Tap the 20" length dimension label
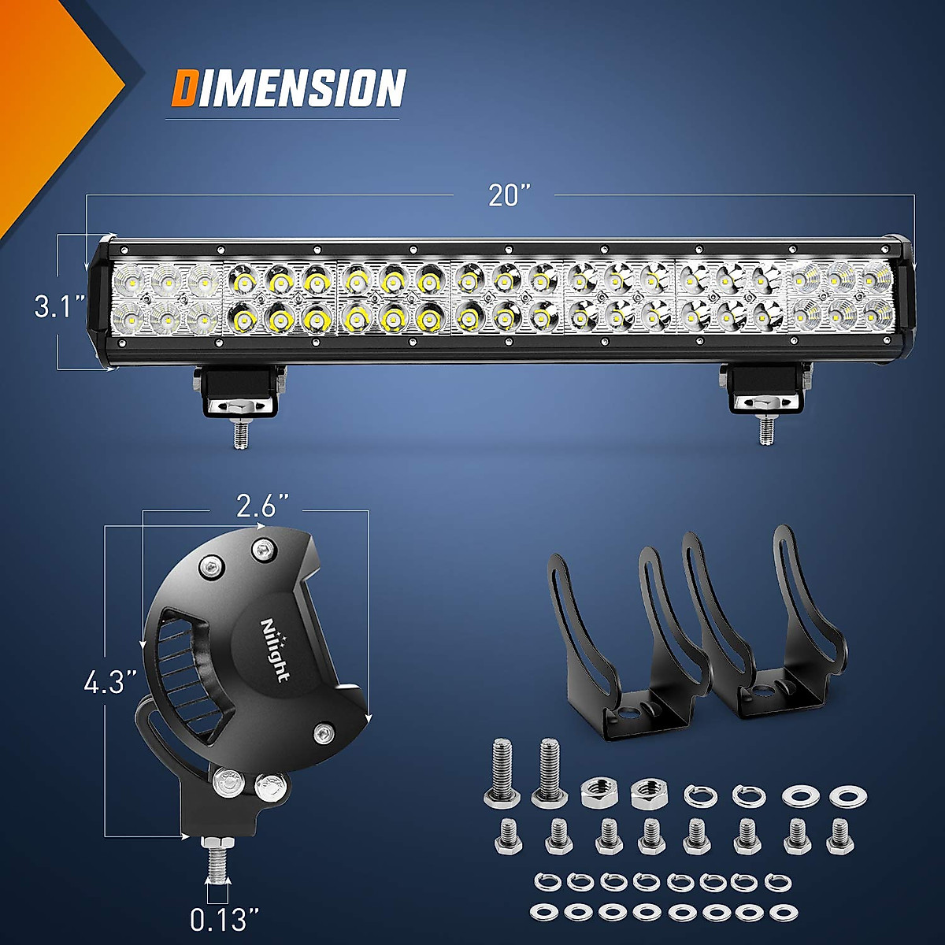coord(510,195)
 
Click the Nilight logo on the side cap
coord(274,650)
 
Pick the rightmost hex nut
coord(647,792)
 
